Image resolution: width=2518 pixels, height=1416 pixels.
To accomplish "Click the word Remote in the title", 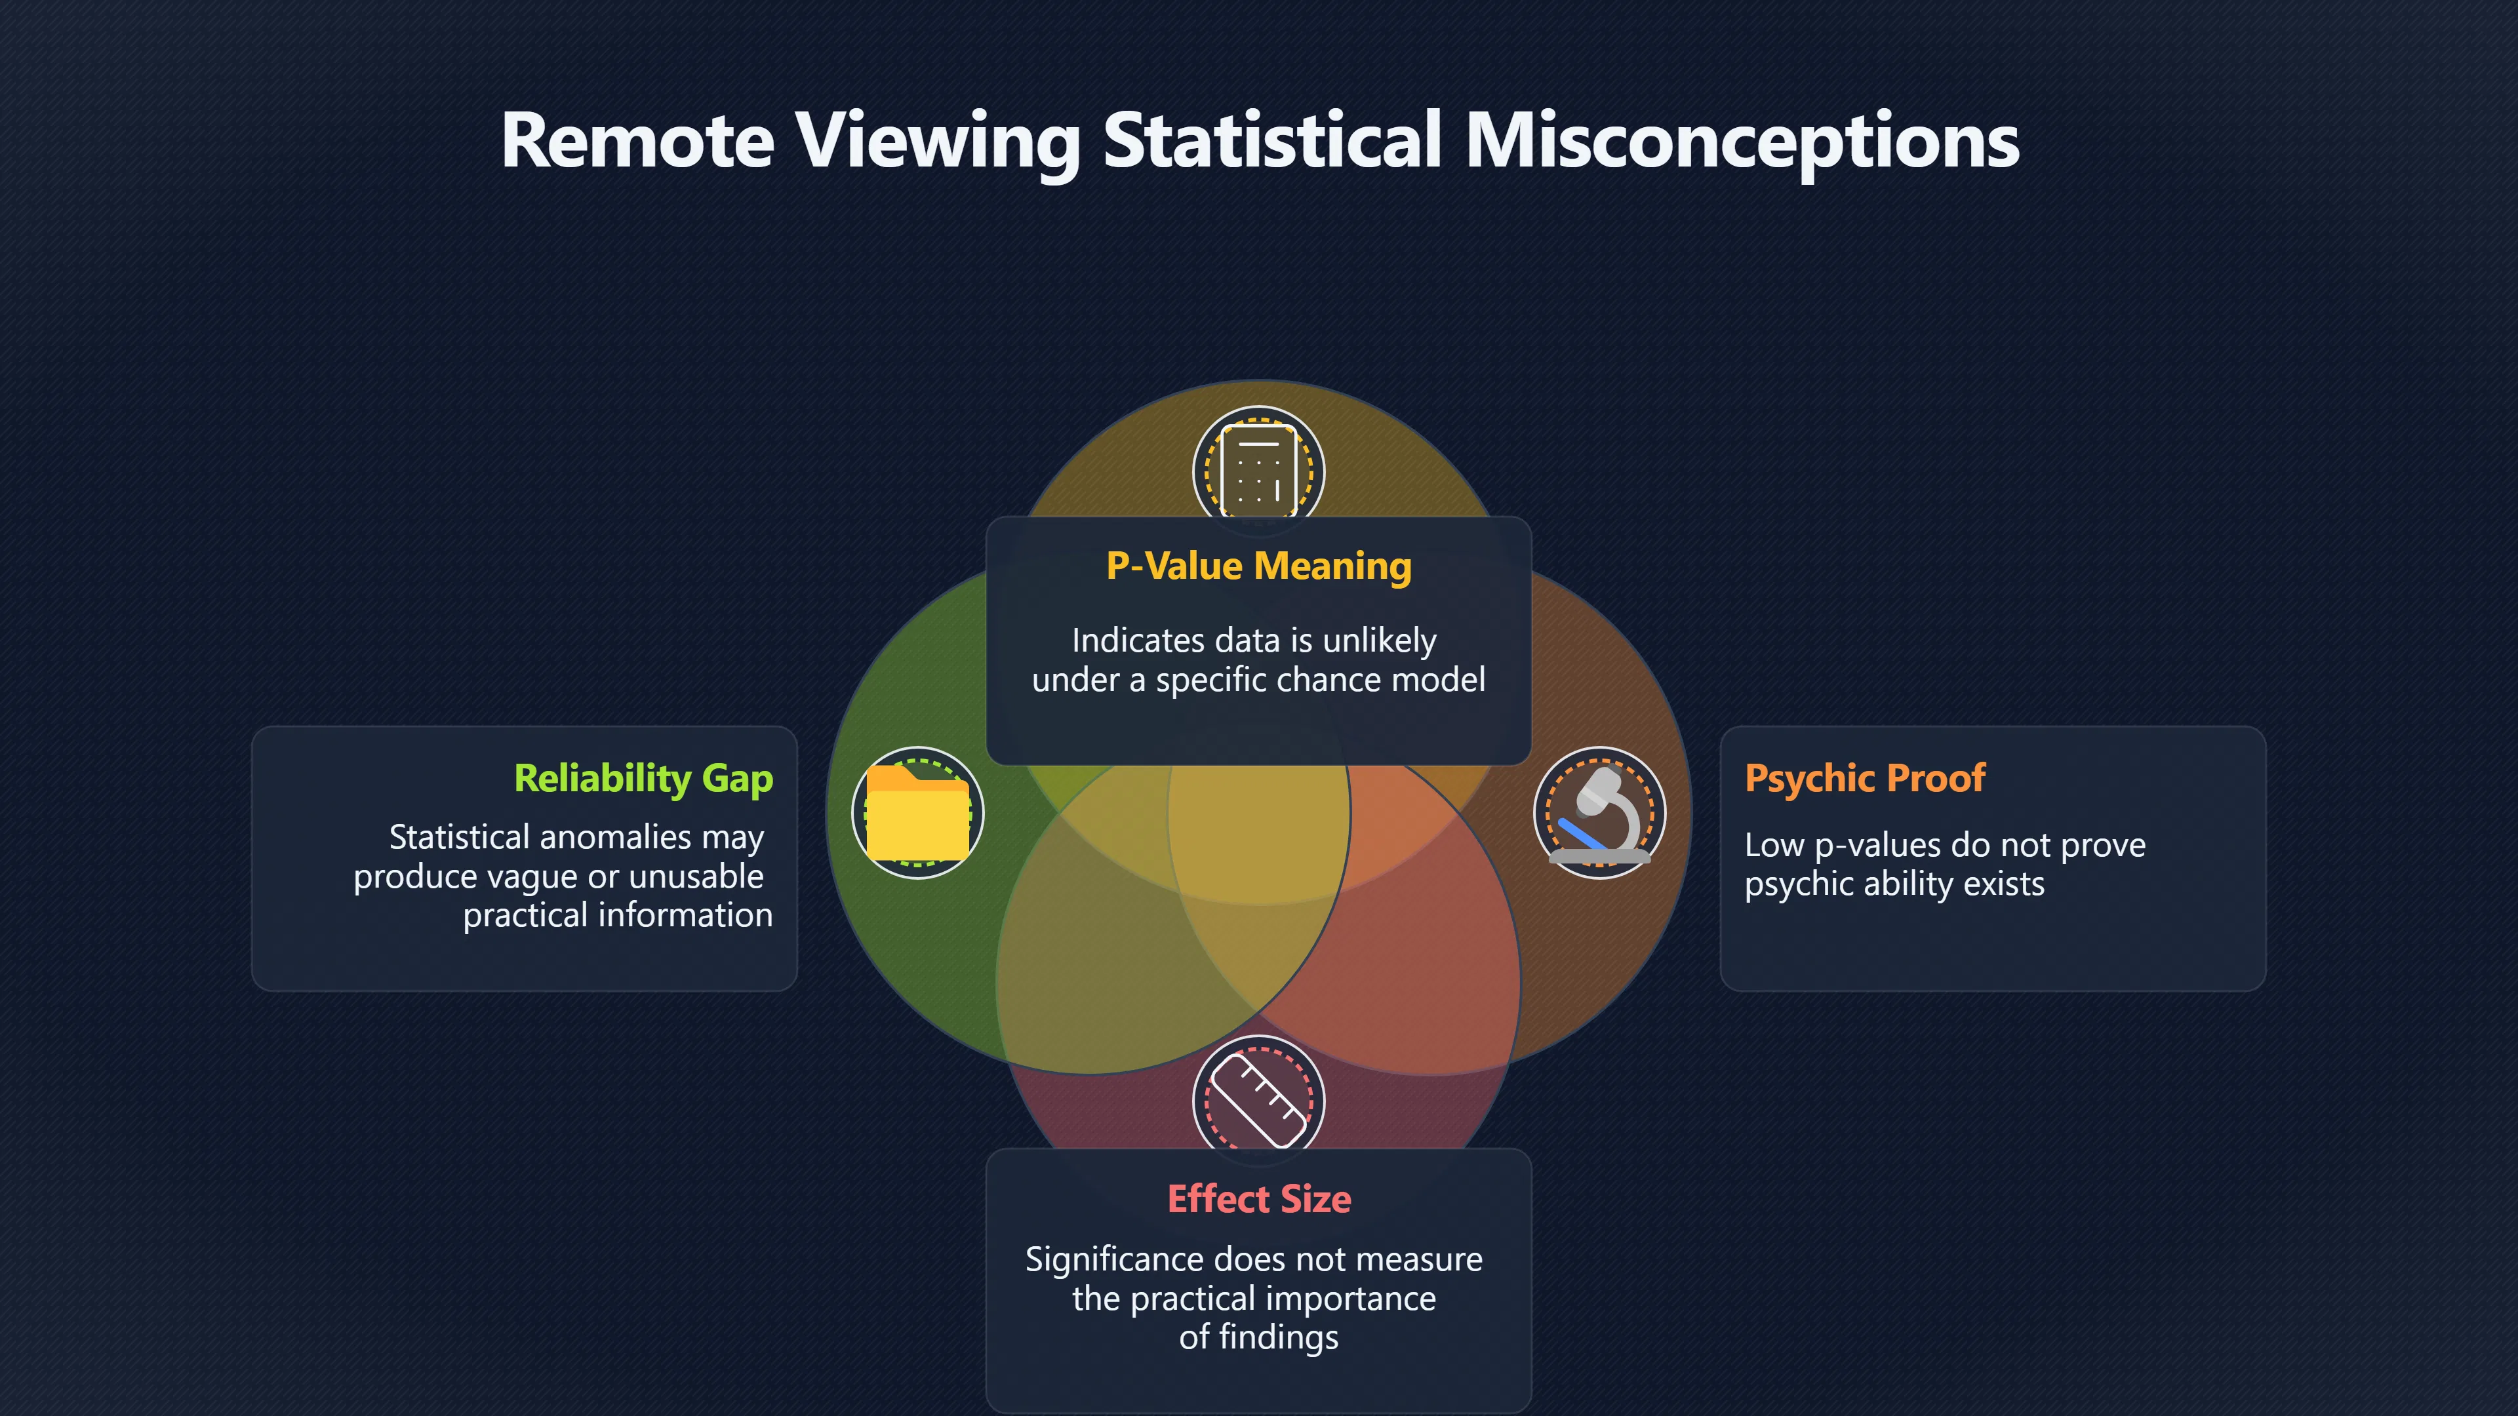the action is point(637,141).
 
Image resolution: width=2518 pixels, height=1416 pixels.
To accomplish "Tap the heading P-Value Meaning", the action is point(1259,567).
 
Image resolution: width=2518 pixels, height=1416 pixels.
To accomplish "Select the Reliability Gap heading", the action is point(643,779).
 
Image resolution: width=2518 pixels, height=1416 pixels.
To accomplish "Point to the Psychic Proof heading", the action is point(1865,779).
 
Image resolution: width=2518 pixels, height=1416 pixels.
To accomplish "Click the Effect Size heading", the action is point(1259,1198).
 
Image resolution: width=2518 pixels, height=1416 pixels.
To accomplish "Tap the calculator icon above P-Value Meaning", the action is point(1259,471).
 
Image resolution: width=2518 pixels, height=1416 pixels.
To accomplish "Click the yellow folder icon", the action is point(918,812).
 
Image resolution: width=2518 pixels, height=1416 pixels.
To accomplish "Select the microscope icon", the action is point(1600,813).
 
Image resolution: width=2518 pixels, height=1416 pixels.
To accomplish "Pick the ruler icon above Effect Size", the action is point(1258,1101).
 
